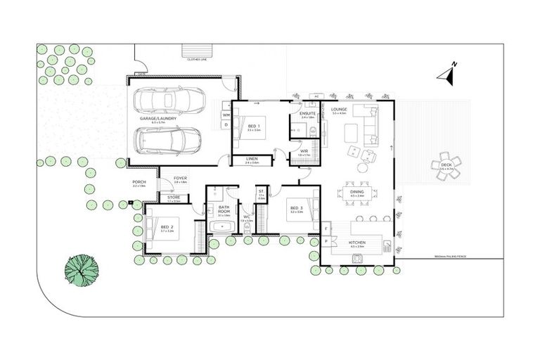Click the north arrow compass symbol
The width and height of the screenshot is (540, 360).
point(448,73)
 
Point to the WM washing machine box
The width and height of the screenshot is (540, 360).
point(226,114)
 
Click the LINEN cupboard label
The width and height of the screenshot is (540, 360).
point(252,159)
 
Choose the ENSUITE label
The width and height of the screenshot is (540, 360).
point(307,113)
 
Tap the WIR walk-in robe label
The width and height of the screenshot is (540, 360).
point(304,151)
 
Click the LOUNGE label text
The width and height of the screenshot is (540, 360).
point(340,110)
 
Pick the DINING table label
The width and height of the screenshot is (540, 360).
point(356,193)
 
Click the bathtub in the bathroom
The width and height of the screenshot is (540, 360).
point(222,226)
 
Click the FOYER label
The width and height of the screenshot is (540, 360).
point(180,179)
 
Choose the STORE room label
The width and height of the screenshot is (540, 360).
point(173,198)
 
